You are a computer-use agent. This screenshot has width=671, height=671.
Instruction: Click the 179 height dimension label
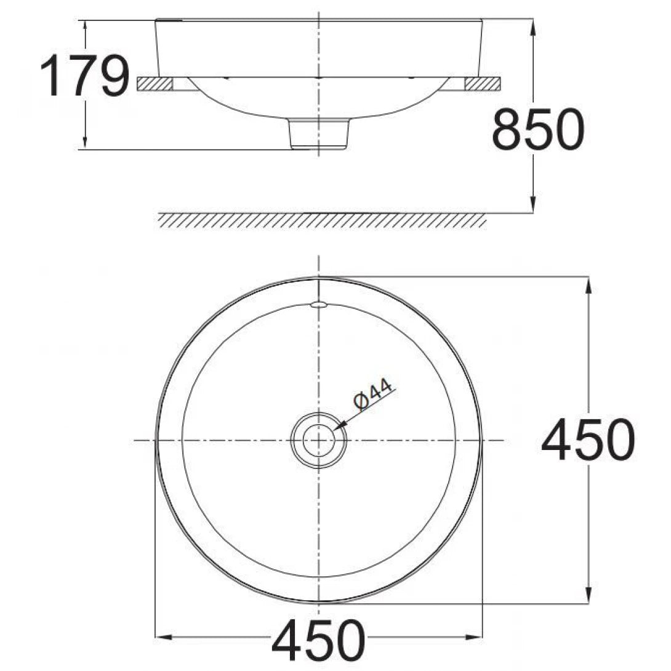click(84, 76)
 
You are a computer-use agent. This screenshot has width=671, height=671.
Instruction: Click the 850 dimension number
click(537, 130)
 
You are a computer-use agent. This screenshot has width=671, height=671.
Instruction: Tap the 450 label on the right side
click(587, 440)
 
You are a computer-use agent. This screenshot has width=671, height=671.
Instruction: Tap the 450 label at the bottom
click(318, 641)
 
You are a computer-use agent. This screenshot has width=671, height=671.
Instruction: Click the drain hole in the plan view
click(318, 440)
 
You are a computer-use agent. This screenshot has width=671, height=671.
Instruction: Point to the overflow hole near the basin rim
click(318, 304)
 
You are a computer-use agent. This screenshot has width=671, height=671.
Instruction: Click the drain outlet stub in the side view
click(319, 134)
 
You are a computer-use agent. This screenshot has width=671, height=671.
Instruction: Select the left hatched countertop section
click(154, 84)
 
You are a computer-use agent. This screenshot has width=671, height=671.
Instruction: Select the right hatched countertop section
click(483, 84)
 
